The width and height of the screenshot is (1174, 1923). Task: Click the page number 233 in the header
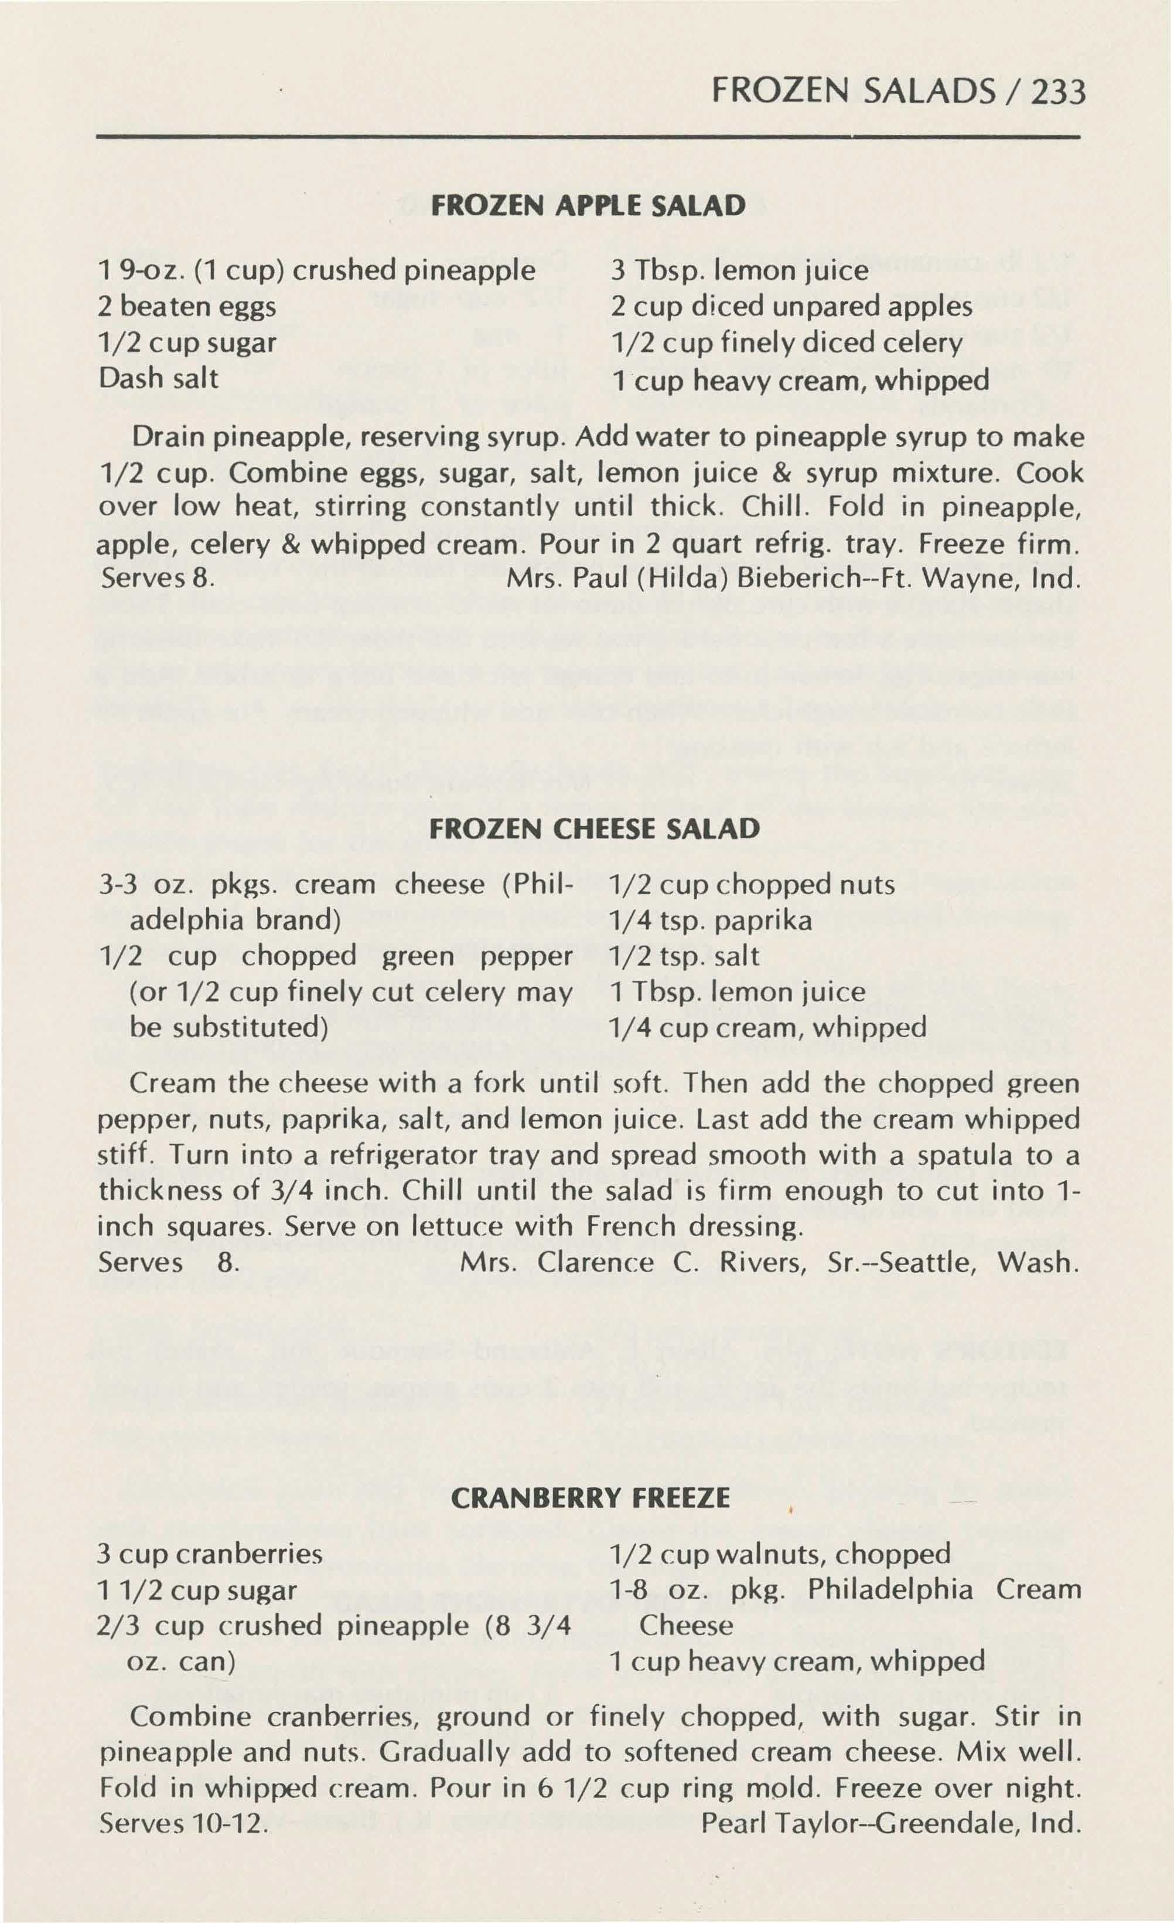[x=1057, y=93]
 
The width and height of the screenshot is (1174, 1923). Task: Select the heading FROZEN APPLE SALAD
[x=588, y=205]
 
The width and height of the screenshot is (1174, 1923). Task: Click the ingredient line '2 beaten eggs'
[x=187, y=307]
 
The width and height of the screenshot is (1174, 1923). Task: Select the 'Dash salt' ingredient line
[x=158, y=379]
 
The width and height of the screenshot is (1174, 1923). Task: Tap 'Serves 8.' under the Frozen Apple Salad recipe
[x=158, y=582]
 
